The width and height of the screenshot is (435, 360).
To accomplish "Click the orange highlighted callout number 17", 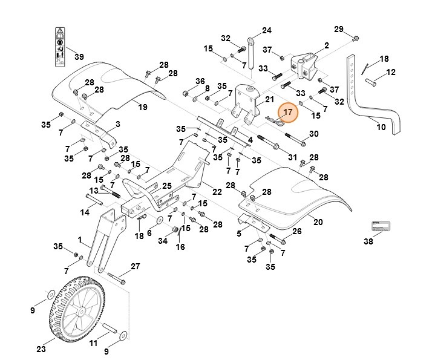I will pyautogui.click(x=288, y=112).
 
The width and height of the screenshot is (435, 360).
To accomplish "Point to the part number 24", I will pyautogui.click(x=267, y=30).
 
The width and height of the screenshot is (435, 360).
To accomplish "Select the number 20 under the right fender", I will pyautogui.click(x=318, y=221).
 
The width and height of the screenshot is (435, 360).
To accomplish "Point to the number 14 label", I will pyautogui.click(x=85, y=212).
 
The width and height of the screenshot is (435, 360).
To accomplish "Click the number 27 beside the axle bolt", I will pyautogui.click(x=136, y=267).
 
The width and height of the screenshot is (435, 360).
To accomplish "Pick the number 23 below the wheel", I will pyautogui.click(x=41, y=349).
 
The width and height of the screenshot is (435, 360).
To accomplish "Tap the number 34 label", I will pyautogui.click(x=162, y=241).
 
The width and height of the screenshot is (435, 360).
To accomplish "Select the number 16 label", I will pyautogui.click(x=180, y=247).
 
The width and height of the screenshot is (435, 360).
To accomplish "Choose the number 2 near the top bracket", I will pyautogui.click(x=326, y=45).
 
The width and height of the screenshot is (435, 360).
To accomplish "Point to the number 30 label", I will pyautogui.click(x=313, y=134).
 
